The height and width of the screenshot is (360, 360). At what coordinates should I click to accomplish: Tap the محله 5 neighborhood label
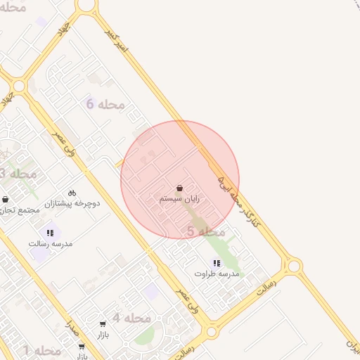pos(206,231)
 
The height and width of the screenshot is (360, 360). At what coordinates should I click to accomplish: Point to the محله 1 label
pos(41,350)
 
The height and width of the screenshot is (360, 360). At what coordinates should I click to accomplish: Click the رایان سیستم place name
pos(180,200)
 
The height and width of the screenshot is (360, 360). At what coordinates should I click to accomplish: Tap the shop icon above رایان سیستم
pos(180,188)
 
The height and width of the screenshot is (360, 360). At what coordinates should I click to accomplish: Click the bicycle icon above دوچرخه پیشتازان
pos(72,192)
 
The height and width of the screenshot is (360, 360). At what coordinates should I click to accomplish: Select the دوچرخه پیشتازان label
pos(73,203)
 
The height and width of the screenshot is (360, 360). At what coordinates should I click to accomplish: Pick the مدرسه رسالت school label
pos(51,243)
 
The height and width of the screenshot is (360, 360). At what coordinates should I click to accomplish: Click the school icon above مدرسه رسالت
pos(50,232)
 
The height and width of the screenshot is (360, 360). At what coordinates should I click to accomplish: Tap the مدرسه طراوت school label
pos(217,273)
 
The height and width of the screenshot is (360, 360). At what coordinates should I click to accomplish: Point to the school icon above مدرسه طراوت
pos(217,262)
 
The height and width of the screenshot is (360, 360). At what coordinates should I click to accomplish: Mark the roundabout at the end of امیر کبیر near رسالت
pos(293,266)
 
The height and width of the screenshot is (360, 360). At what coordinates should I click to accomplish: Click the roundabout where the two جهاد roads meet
pos(19,86)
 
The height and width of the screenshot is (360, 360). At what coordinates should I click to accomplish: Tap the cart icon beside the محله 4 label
pos(103,324)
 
